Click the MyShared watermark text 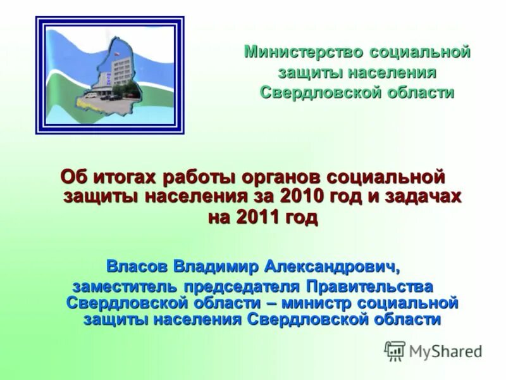[x=445, y=350]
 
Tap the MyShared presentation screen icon [x=395, y=350]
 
